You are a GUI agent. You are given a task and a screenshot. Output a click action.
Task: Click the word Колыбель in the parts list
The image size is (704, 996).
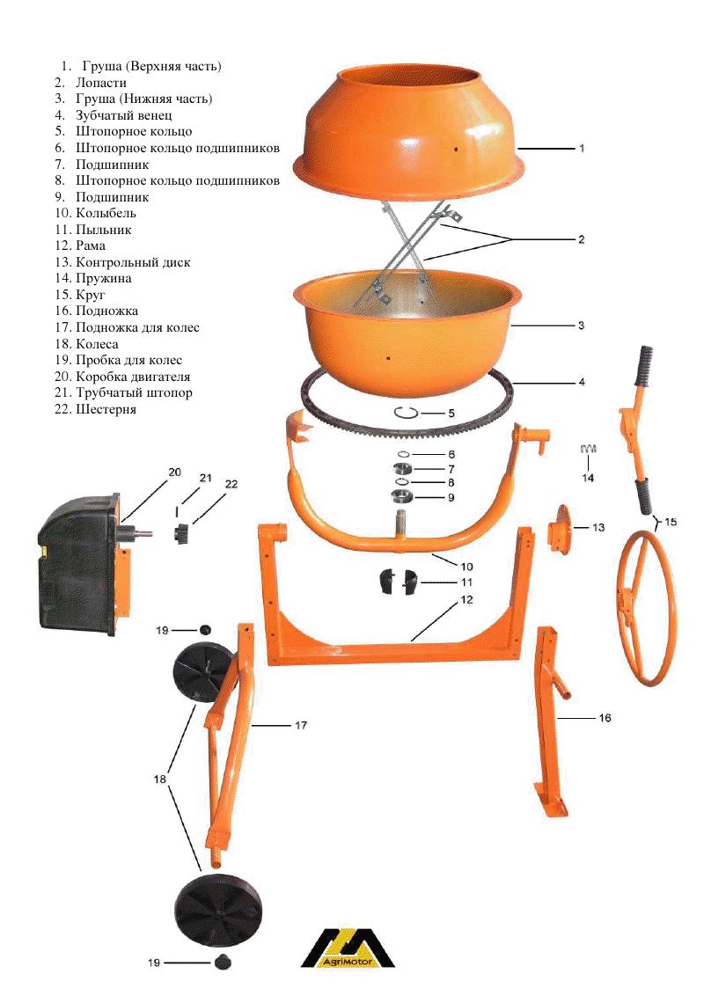[x=106, y=214]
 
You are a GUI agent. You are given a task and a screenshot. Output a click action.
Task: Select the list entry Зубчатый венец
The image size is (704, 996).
[x=124, y=115]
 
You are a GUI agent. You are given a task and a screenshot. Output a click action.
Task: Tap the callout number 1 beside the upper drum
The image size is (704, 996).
[x=582, y=148]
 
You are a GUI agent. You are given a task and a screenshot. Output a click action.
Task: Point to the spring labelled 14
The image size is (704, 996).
[x=589, y=449]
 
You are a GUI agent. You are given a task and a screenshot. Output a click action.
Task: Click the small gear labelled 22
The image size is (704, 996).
[x=181, y=532]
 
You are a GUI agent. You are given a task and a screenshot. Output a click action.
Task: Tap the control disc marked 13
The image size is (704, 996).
[x=561, y=529]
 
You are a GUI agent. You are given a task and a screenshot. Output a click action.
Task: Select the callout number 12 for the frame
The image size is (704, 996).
[x=467, y=600]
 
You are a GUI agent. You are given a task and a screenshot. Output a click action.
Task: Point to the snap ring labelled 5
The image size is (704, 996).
[x=406, y=413]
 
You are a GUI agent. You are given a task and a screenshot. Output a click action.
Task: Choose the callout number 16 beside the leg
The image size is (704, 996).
[x=605, y=718]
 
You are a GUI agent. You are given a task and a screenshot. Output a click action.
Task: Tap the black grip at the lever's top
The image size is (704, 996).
[x=644, y=366]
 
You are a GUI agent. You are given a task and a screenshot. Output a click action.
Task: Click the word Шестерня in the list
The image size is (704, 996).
[x=106, y=410]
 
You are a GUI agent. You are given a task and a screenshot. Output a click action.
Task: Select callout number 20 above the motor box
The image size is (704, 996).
[x=175, y=472]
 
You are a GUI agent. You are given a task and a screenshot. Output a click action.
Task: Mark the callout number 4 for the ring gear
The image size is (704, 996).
[x=582, y=383]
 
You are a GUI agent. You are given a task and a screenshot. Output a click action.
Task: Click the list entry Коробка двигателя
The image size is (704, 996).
[x=133, y=377]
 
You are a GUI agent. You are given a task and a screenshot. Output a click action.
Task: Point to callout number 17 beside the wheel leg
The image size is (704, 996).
[x=301, y=725]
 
